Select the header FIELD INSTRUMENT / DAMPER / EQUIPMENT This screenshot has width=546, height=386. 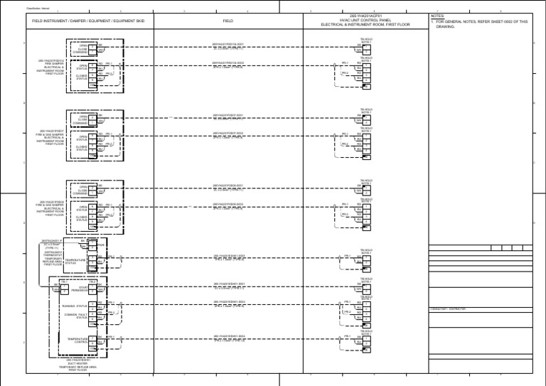tap(78, 21)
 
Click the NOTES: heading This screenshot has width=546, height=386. tap(437, 14)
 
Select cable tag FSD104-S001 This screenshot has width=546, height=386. tap(228, 45)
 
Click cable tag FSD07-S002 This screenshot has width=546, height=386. tap(228, 132)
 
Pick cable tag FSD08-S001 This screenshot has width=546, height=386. tap(228, 184)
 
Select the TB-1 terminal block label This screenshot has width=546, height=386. tap(92, 281)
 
